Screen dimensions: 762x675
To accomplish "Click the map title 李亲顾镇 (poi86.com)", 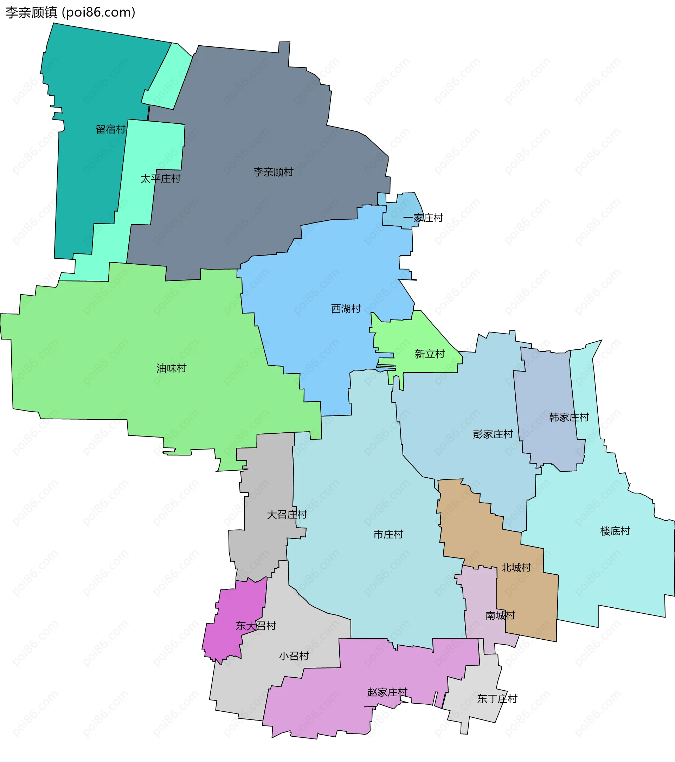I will [70, 12].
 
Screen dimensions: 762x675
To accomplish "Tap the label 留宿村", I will [111, 129].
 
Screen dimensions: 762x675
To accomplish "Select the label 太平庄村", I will [160, 179].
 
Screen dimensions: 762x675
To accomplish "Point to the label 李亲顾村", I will [274, 172].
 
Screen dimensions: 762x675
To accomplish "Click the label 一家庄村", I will [423, 218].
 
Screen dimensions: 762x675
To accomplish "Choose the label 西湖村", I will [346, 309].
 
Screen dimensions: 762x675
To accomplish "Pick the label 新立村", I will [430, 354].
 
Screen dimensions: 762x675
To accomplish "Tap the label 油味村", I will [172, 368].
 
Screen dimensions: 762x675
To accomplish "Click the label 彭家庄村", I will [493, 434].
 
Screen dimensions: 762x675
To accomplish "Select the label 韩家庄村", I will [569, 417].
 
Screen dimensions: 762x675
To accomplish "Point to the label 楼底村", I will [615, 531].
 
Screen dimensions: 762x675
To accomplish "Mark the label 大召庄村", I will [287, 515].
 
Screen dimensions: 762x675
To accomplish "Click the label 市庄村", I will [388, 534].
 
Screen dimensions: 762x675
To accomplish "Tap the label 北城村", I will [516, 567].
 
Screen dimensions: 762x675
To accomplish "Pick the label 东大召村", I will [256, 626].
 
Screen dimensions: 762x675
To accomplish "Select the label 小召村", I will [294, 656].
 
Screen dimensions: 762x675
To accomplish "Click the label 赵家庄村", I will [387, 692].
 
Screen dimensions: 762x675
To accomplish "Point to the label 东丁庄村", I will [497, 699].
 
